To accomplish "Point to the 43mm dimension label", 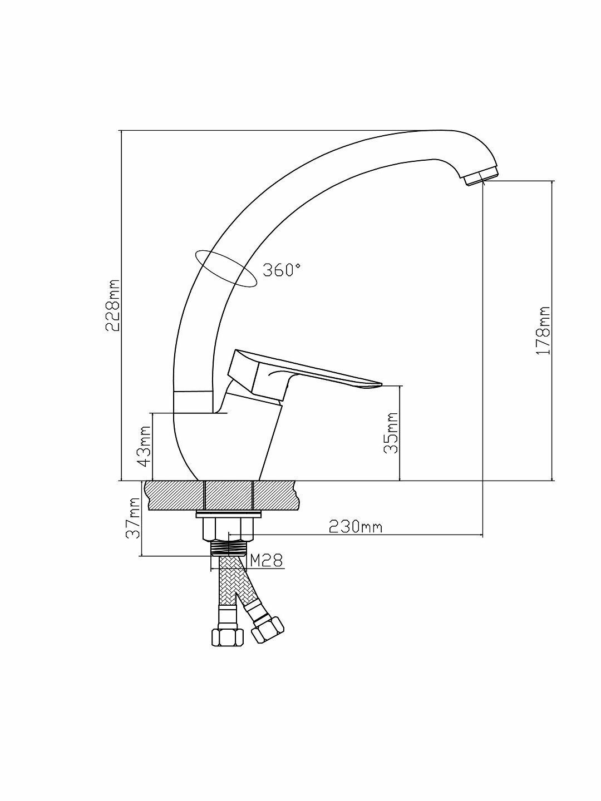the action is coord(144,447).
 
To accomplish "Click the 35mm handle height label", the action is coord(392,433).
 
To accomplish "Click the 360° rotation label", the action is coord(282,270).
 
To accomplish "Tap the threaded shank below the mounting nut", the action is coord(229,547).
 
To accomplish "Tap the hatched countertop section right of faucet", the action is coord(275,495).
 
